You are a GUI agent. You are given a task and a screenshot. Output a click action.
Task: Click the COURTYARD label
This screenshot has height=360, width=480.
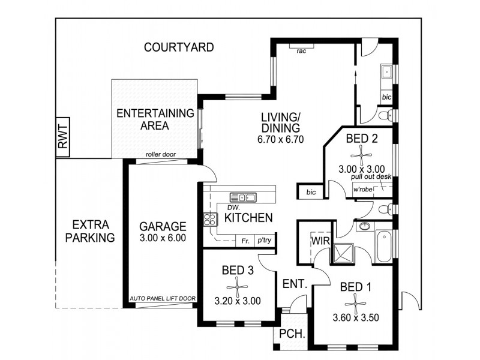coord(179,47)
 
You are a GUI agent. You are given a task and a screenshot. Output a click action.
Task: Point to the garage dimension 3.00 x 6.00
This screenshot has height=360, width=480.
coord(163,238)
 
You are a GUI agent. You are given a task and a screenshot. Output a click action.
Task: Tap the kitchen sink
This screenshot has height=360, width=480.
coord(243,197)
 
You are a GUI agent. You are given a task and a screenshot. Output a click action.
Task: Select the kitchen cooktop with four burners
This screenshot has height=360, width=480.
coord(209,220)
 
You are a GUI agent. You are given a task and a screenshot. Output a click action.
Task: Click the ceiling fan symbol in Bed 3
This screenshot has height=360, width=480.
coord(238,289)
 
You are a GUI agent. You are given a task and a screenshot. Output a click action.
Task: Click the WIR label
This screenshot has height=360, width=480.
coord(317,241)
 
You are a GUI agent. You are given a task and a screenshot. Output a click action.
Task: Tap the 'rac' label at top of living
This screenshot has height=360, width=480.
coord(301,52)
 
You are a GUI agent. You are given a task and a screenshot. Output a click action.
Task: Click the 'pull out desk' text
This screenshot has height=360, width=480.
coord(372,178)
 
